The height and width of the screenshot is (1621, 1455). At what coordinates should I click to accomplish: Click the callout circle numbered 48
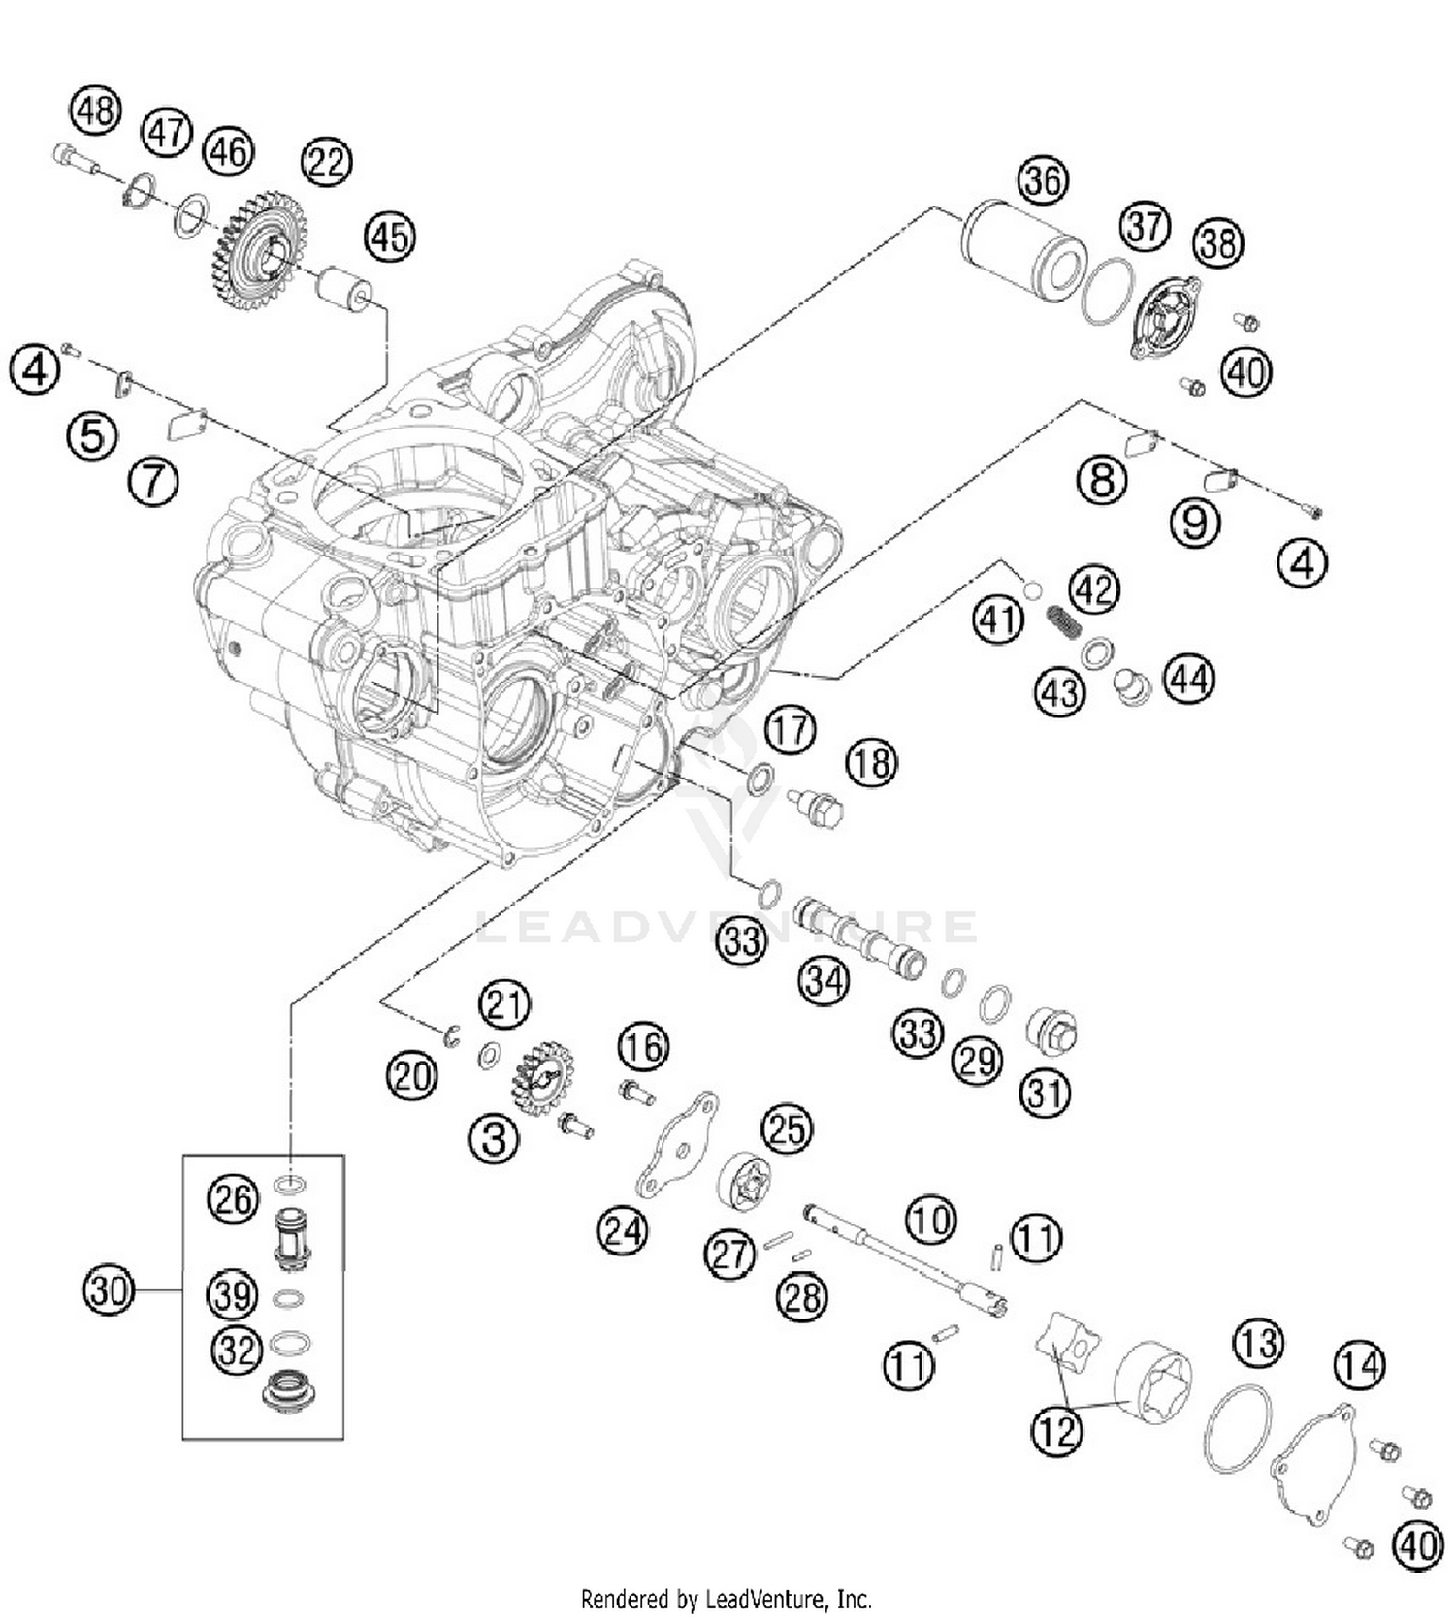[x=95, y=111]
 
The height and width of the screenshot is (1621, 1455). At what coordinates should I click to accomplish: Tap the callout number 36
[x=1043, y=181]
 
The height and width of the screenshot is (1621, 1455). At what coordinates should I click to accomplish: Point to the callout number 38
[x=1218, y=243]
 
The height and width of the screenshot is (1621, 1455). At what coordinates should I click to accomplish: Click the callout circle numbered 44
[x=1189, y=679]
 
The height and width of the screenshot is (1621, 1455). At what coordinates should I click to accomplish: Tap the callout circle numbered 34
[x=824, y=981]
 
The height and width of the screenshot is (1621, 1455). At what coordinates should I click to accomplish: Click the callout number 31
[x=1045, y=1093]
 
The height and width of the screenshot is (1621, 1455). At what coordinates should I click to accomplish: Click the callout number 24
[x=622, y=1230]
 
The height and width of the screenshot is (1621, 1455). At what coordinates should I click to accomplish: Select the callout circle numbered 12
[x=1056, y=1429]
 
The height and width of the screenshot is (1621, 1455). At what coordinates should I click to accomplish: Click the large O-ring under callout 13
[x=1237, y=1429]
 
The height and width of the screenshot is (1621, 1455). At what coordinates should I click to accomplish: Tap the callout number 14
[x=1359, y=1366]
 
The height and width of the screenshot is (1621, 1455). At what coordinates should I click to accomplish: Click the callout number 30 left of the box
[x=108, y=1290]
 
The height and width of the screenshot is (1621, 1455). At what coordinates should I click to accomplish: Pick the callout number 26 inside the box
[x=233, y=1200]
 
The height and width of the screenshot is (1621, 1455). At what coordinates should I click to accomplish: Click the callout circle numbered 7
[x=153, y=480]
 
